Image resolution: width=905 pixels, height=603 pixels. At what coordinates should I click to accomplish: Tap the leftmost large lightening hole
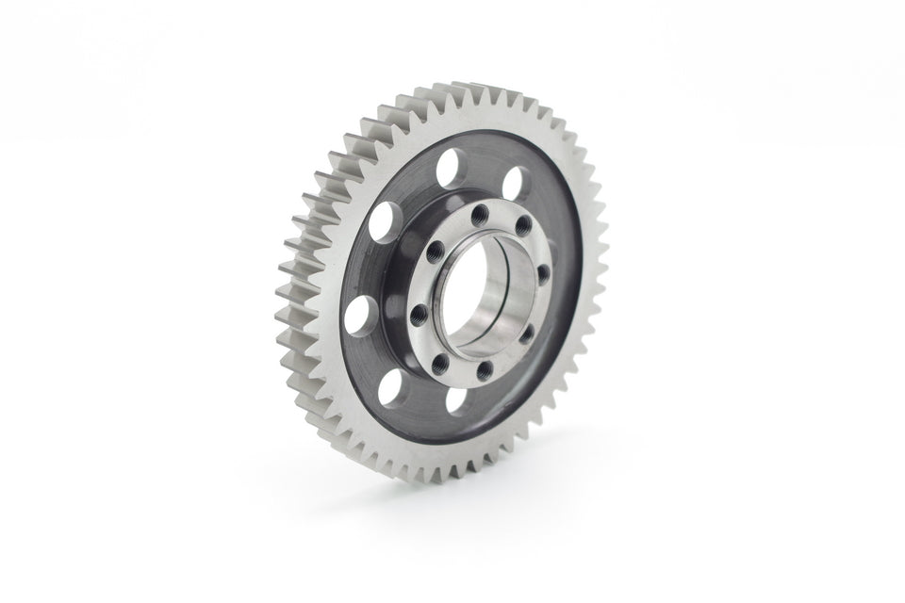(x=358, y=315)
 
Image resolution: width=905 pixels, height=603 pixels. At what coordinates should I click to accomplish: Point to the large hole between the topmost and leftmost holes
(x=382, y=222)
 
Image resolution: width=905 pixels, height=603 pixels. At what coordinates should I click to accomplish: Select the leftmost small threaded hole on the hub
(x=420, y=311)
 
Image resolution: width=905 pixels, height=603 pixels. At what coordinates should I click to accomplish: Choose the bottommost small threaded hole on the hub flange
(x=483, y=371)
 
